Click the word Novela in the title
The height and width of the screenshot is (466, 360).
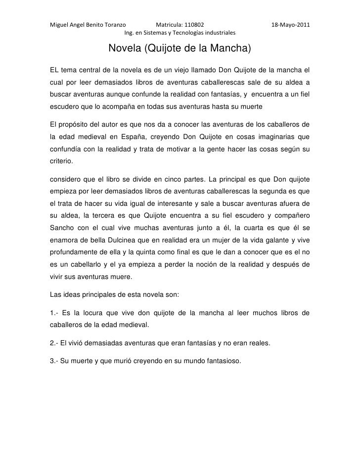(x=124, y=49)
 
